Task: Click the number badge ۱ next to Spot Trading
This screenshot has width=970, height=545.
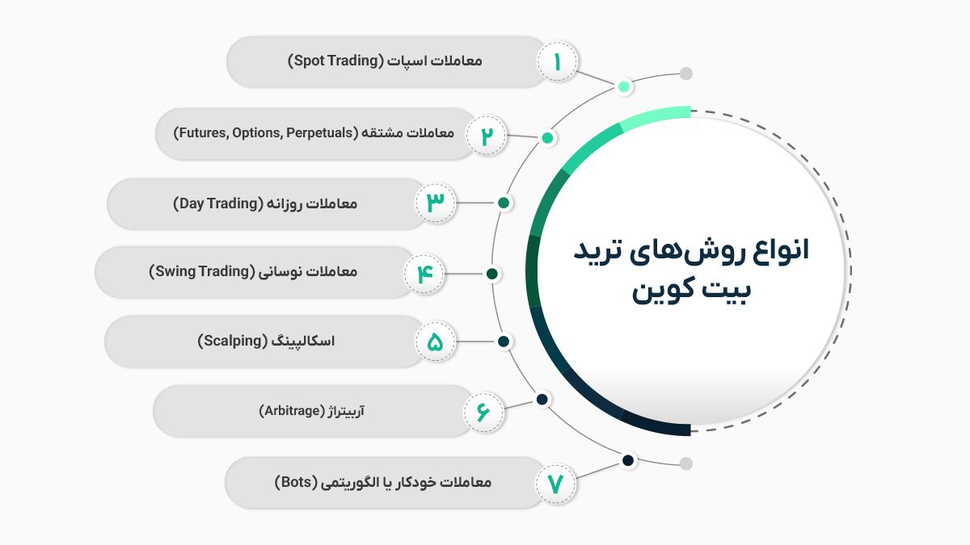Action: [x=557, y=61]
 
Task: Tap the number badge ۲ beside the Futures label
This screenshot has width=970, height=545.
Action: [x=487, y=136]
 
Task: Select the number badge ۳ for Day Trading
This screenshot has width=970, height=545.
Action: [x=436, y=203]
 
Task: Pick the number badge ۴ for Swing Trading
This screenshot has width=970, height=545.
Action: [x=424, y=274]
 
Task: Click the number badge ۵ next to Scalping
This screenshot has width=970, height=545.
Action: [x=436, y=342]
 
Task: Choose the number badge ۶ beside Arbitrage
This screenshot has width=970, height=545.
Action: [x=483, y=412]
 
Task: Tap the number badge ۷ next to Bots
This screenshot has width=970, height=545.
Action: [x=555, y=484]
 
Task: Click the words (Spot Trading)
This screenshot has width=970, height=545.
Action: [x=336, y=61]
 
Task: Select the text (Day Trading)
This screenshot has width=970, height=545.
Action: [x=218, y=203]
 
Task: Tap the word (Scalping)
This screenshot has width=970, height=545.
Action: [x=233, y=341]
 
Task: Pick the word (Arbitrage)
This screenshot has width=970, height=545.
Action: [x=292, y=410]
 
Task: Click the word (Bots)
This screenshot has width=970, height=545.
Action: [x=296, y=482]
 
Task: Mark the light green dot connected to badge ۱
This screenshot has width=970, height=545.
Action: [x=623, y=86]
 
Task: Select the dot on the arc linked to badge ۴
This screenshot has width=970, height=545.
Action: [x=491, y=274]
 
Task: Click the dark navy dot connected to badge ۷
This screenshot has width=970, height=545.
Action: [x=628, y=460]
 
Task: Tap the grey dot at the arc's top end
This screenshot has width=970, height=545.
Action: [x=686, y=73]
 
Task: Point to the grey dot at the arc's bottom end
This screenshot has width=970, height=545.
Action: [x=686, y=463]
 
